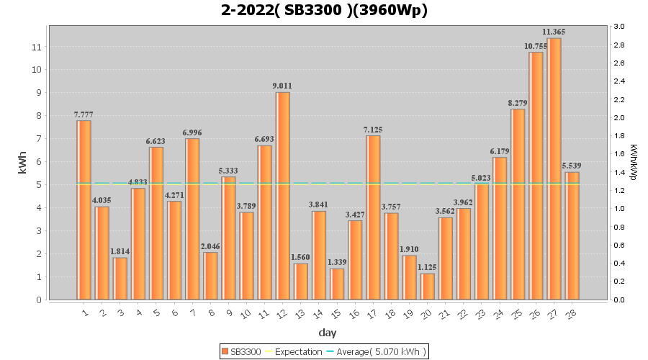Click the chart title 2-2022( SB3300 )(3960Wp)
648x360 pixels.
pos(324,10)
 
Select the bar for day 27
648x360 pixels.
pos(554,168)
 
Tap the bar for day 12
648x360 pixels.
pos(283,196)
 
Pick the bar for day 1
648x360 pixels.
pos(84,210)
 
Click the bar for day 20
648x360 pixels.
pos(428,287)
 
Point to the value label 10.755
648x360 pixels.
pos(536,46)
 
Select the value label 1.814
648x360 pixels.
pos(120,252)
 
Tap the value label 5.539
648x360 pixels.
pos(572,166)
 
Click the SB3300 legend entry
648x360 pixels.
pos(242,351)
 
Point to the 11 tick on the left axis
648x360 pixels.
pos(37,47)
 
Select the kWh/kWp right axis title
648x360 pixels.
pos(634,163)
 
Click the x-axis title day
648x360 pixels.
pos(328,333)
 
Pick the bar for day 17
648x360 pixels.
pos(373,217)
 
